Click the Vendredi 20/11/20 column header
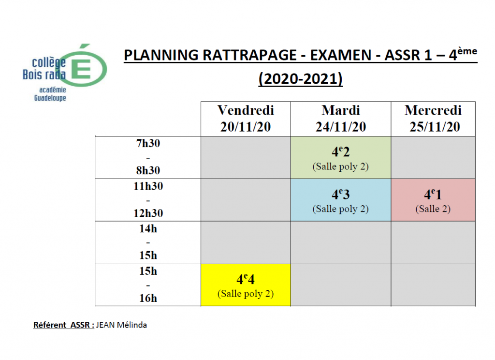(x=246, y=119)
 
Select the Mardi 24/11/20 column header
(x=340, y=119)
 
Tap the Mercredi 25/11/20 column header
(x=433, y=119)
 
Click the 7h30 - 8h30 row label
(x=147, y=157)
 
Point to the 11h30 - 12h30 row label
(x=147, y=200)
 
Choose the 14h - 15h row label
(x=147, y=242)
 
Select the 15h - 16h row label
(x=147, y=285)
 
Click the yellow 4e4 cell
(x=246, y=285)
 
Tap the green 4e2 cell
(x=340, y=157)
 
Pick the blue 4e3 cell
(x=340, y=200)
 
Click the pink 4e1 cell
(x=433, y=200)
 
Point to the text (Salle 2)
(x=433, y=209)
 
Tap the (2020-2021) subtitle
(x=300, y=79)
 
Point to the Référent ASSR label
(x=63, y=325)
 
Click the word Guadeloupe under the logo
(x=50, y=98)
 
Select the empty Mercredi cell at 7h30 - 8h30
(x=433, y=157)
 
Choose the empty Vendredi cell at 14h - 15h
(x=246, y=242)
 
